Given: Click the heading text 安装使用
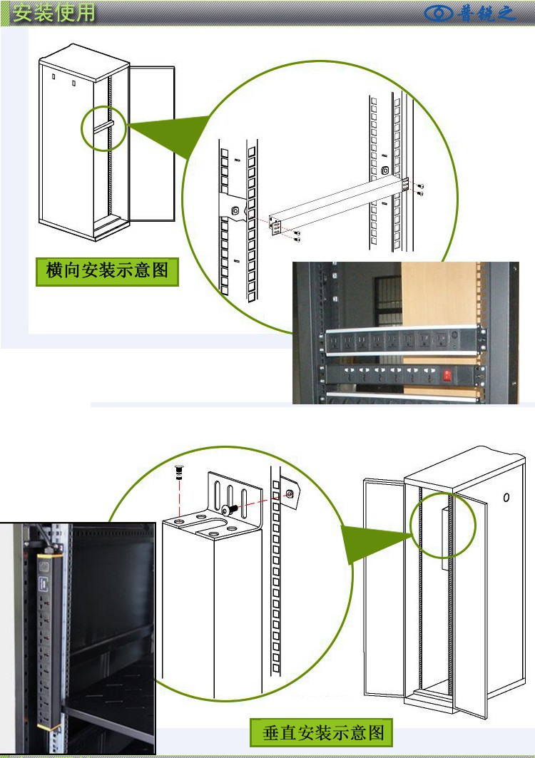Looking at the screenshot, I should point(53,13).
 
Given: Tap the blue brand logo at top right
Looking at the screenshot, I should point(470,14).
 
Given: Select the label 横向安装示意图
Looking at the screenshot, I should point(107,271).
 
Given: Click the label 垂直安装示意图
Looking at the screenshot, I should point(324,732).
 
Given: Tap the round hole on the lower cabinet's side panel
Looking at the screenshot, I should point(506,497).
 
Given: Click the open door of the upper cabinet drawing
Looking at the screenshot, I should point(153,143).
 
